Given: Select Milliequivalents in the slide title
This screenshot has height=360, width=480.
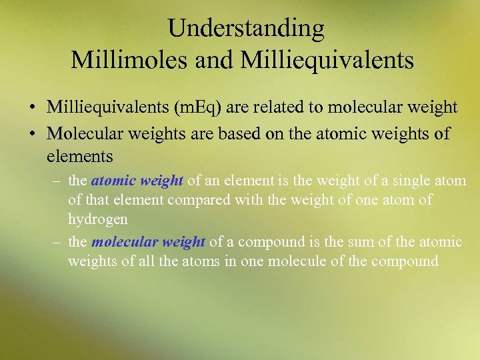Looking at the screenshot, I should coord(327,60).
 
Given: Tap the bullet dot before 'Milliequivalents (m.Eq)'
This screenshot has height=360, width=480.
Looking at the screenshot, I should coord(32,108).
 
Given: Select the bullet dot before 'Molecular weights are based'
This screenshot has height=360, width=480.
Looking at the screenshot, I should coord(32,134).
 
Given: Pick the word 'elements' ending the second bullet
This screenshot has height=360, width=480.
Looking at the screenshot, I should coord(80,157).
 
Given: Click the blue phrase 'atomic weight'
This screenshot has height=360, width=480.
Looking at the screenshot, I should coord(137,180).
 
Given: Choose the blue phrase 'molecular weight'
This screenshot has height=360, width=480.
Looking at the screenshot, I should coord(149,241).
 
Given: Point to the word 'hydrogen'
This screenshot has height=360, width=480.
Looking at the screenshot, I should coord(97,219).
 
